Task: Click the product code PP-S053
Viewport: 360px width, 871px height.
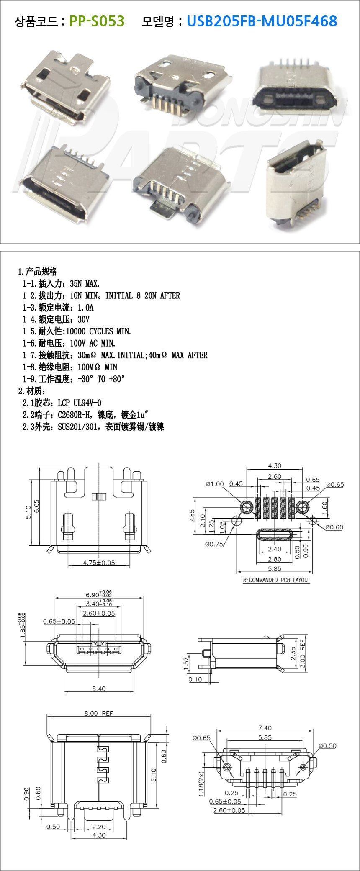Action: click(x=97, y=21)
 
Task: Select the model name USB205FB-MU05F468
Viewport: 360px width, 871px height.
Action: click(x=262, y=21)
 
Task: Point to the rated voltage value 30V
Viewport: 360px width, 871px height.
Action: click(x=84, y=319)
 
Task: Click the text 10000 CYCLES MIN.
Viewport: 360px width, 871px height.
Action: click(x=99, y=331)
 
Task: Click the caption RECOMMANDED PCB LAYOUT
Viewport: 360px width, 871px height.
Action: click(x=277, y=580)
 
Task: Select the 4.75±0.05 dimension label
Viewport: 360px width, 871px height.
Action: click(x=99, y=563)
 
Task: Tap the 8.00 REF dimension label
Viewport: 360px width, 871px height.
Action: click(x=99, y=713)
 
